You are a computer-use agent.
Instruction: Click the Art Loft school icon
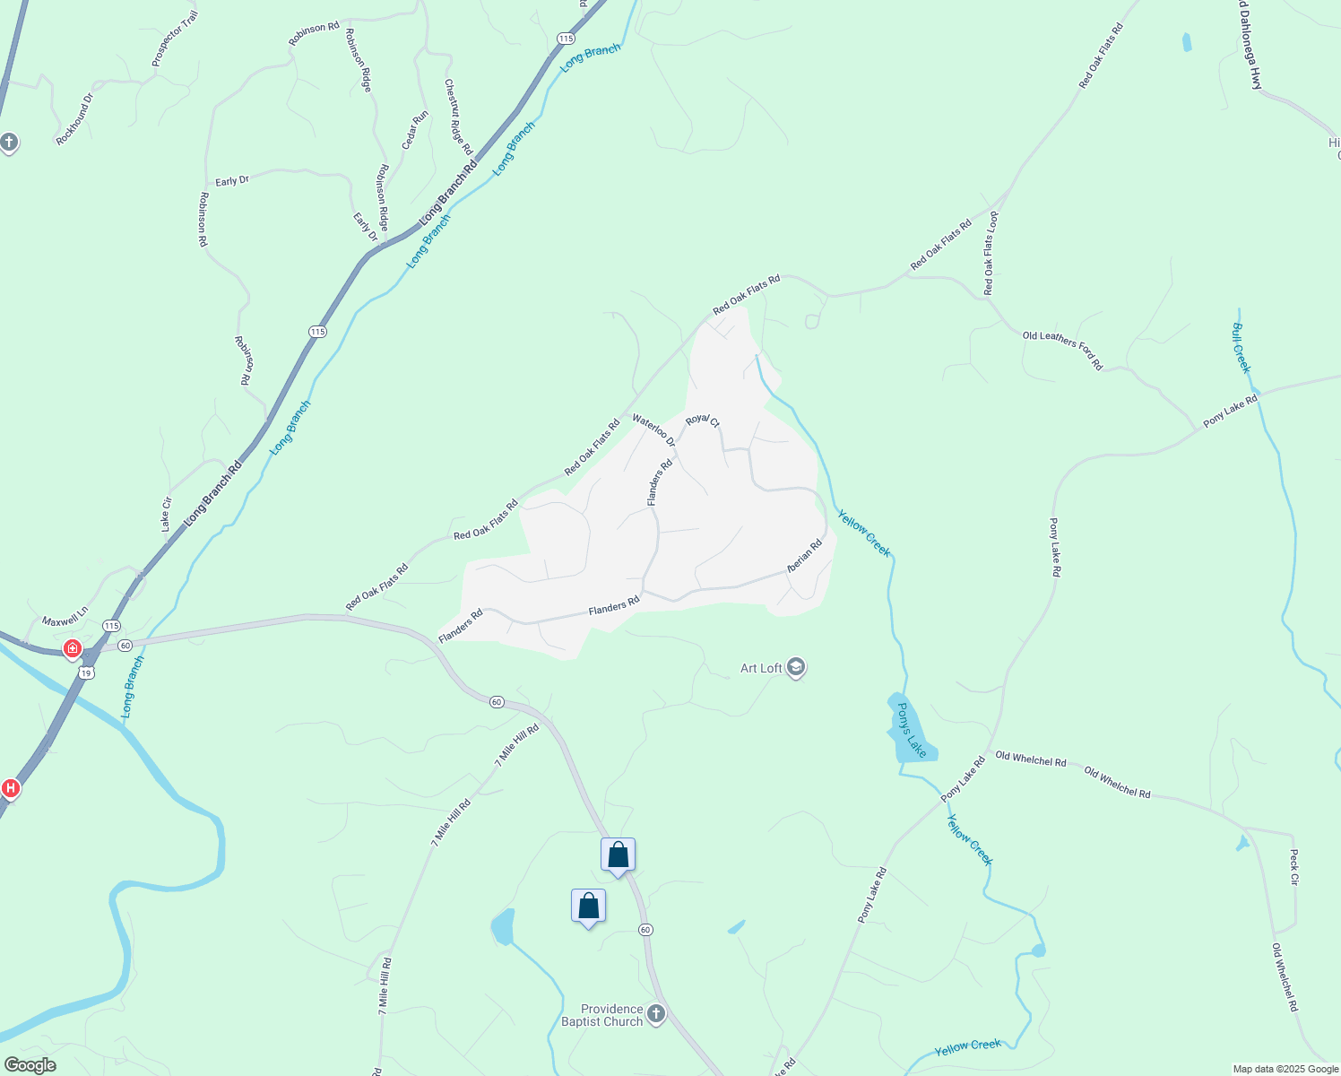point(795,668)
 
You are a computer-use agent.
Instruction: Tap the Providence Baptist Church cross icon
point(656,1014)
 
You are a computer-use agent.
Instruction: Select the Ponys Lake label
point(911,730)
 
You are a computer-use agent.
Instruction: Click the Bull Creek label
point(1241,348)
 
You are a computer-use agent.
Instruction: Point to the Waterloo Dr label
point(653,430)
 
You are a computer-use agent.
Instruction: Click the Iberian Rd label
point(804,556)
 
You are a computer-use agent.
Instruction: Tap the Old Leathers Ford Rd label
point(1062,351)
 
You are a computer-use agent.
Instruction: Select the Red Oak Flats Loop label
point(990,254)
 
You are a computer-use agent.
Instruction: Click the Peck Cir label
point(1293,867)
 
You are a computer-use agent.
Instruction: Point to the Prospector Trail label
point(175,39)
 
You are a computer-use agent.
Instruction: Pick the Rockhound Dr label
point(74,119)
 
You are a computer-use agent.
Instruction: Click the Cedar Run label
point(415,130)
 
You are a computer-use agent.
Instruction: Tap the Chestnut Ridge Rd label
point(458,117)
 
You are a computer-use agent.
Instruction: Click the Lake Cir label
point(166,515)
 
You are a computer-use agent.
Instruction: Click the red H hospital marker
point(11,788)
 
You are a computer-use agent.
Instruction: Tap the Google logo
point(30,1065)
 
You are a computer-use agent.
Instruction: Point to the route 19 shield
point(86,672)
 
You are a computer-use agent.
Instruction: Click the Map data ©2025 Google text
point(1285,1069)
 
